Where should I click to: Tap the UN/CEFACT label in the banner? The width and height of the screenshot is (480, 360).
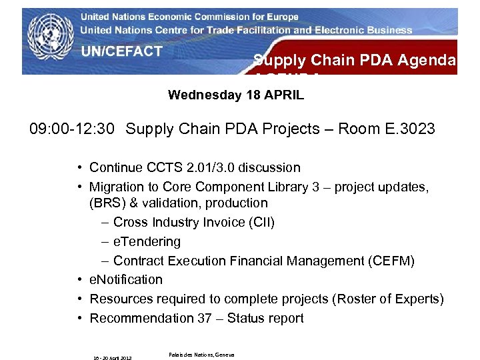click(122, 51)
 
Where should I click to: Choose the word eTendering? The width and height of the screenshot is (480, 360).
click(147, 241)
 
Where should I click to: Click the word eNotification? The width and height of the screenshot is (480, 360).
click(126, 279)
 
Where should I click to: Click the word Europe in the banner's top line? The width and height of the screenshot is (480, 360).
click(279, 17)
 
